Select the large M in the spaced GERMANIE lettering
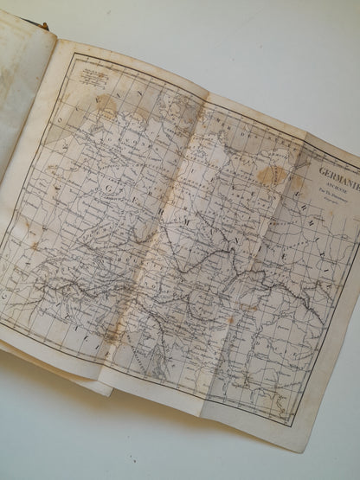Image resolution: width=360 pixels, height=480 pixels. click(x=197, y=232)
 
